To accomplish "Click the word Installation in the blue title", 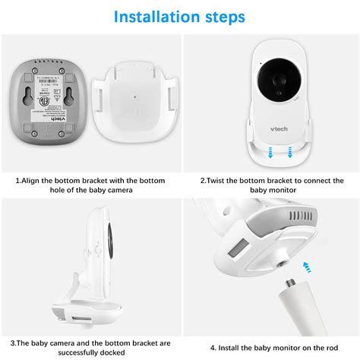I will (x=147, y=16).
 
